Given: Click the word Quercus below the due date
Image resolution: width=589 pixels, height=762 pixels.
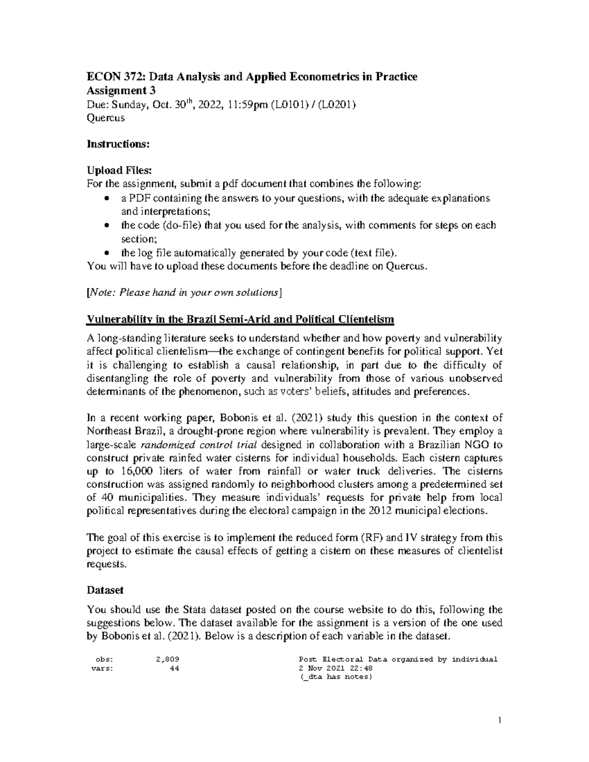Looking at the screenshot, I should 106,118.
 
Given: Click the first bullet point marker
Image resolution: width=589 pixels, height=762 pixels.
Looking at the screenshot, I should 107,199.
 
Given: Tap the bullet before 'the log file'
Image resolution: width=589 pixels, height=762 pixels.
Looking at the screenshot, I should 107,253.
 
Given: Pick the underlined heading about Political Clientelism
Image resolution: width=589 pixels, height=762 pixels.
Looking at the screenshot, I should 241,320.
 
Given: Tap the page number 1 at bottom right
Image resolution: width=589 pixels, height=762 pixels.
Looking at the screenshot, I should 499,721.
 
